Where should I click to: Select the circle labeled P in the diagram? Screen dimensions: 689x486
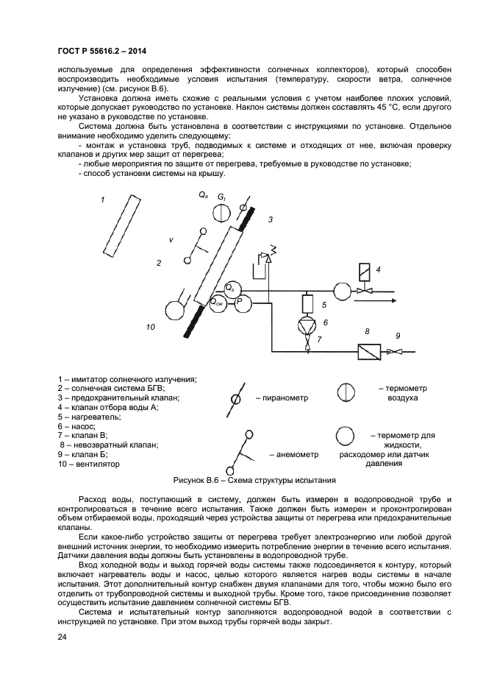pos(241,302)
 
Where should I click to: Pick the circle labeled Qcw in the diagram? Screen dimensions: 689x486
pos(218,303)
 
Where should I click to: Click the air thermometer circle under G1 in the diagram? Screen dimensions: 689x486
pos(221,213)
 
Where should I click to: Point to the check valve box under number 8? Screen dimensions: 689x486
pos(368,352)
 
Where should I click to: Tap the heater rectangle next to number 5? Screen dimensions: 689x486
pos(308,303)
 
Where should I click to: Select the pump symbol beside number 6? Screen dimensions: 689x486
pos(308,325)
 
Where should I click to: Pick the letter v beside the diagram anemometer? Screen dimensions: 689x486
pos(171,240)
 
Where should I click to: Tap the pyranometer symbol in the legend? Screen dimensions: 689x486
pos(235,397)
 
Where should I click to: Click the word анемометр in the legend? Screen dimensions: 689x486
pos(297,454)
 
